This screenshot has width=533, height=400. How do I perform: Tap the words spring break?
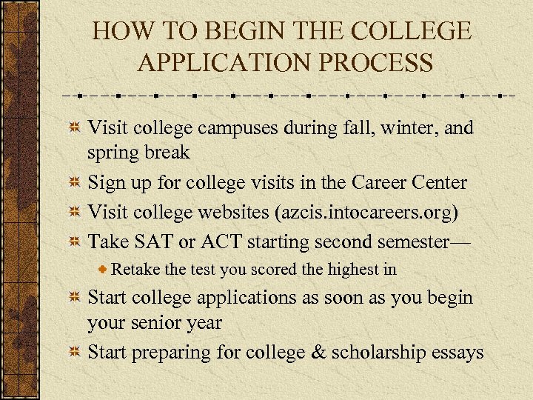138,153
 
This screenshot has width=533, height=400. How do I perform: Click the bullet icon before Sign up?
74,183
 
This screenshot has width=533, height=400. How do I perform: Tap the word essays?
460,353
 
